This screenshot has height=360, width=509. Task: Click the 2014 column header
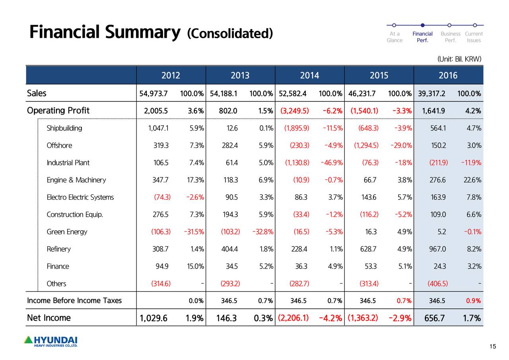tap(309, 76)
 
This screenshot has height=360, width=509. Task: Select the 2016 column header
tap(448, 76)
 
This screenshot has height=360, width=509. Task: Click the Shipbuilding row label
tap(64, 128)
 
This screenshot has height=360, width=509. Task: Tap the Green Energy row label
tap(66, 232)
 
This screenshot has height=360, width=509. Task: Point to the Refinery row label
tap(58, 249)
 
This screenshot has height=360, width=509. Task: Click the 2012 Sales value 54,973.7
tap(153, 94)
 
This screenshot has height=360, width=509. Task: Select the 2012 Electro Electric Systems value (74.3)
tap(162, 197)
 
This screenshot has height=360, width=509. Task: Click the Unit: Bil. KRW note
tap(459, 59)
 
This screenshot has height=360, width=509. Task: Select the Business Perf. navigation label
tap(450, 37)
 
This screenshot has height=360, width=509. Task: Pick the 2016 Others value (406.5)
tap(437, 284)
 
